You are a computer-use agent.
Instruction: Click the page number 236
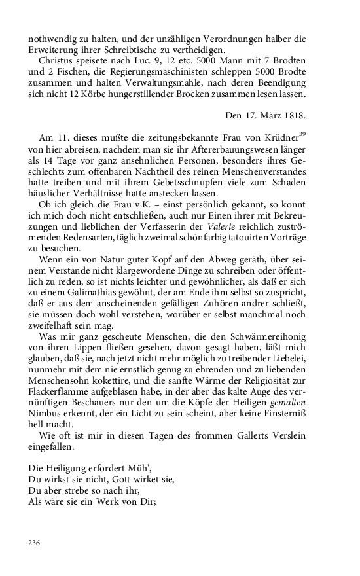(x=35, y=543)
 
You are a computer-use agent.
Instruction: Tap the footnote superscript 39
(x=302, y=134)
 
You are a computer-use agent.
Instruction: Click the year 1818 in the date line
(x=295, y=116)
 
